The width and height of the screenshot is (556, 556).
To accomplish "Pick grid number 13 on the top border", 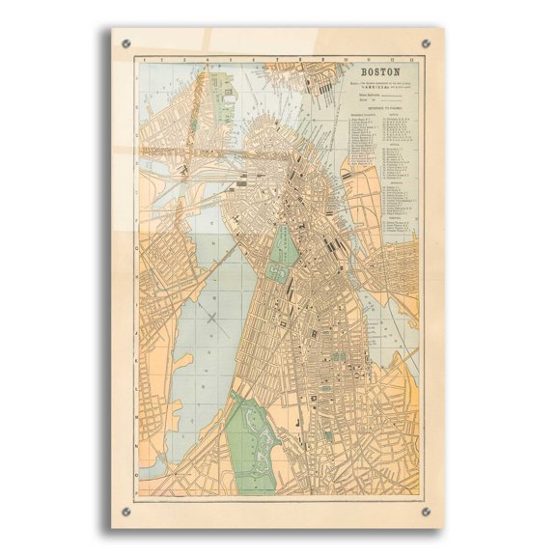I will click(x=413, y=60).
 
